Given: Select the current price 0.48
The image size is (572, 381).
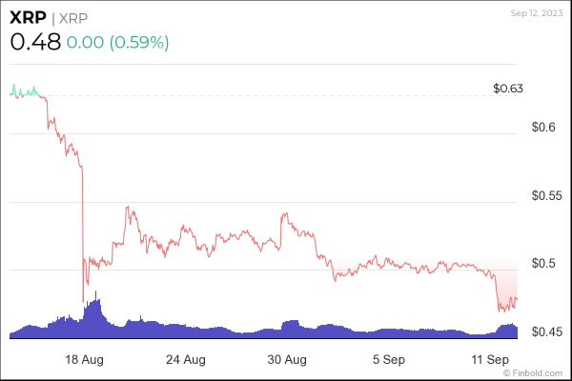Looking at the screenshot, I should [35, 42].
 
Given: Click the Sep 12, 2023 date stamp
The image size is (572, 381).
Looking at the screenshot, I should [537, 13].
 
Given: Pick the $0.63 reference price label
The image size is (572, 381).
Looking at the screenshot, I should [509, 89].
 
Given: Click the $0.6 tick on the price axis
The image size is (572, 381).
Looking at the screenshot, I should [541, 127].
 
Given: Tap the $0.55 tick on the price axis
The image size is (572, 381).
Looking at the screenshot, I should [546, 195].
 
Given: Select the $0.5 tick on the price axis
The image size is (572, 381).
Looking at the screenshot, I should [541, 263].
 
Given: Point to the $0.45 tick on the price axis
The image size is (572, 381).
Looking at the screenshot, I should [546, 331].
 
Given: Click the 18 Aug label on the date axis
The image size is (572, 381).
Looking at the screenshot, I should [84, 360].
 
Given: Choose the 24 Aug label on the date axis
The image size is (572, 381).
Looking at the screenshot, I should [185, 360].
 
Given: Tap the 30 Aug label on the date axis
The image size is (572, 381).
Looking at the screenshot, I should [287, 360].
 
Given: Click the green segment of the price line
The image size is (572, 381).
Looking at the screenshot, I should [23, 91].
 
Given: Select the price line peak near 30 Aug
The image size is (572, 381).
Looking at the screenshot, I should [283, 215].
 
